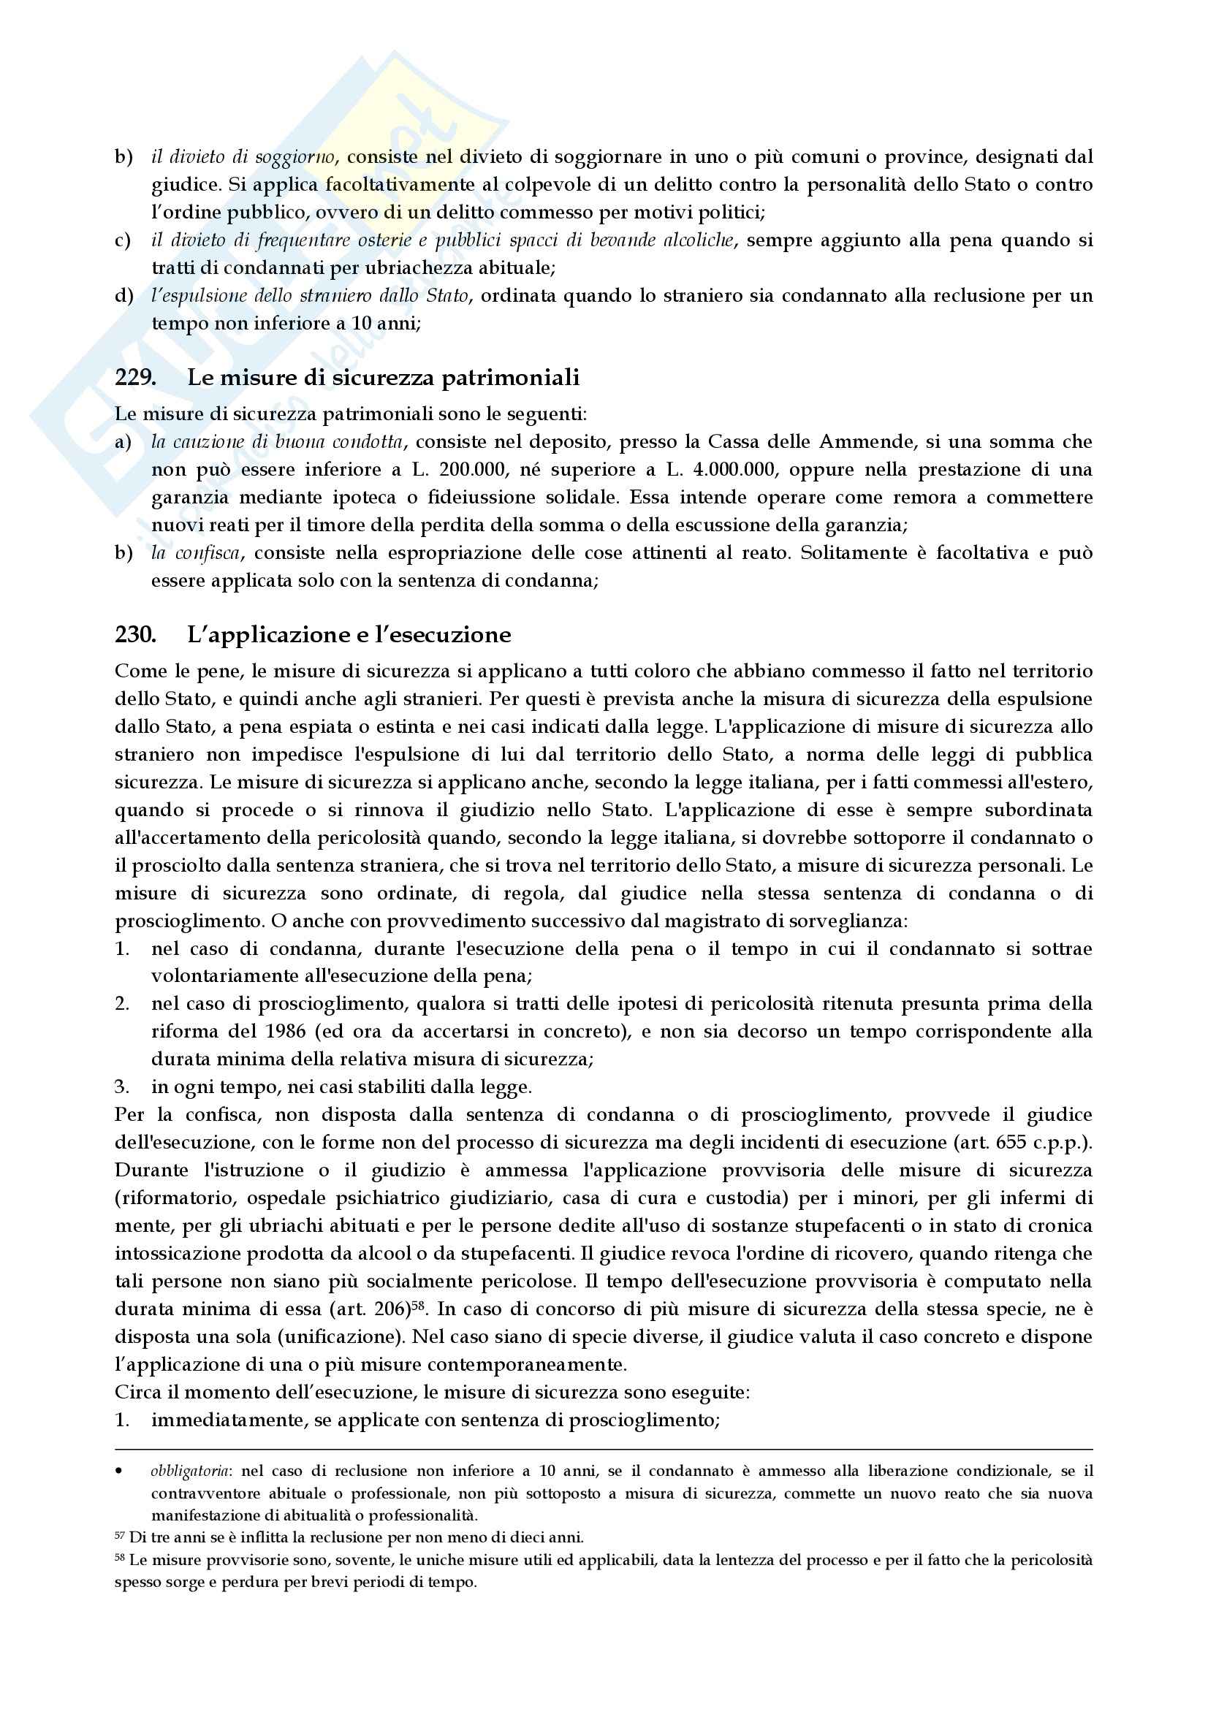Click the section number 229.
(x=134, y=377)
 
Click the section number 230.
(x=134, y=635)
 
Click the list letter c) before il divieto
(x=123, y=240)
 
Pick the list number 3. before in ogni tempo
(x=122, y=1087)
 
